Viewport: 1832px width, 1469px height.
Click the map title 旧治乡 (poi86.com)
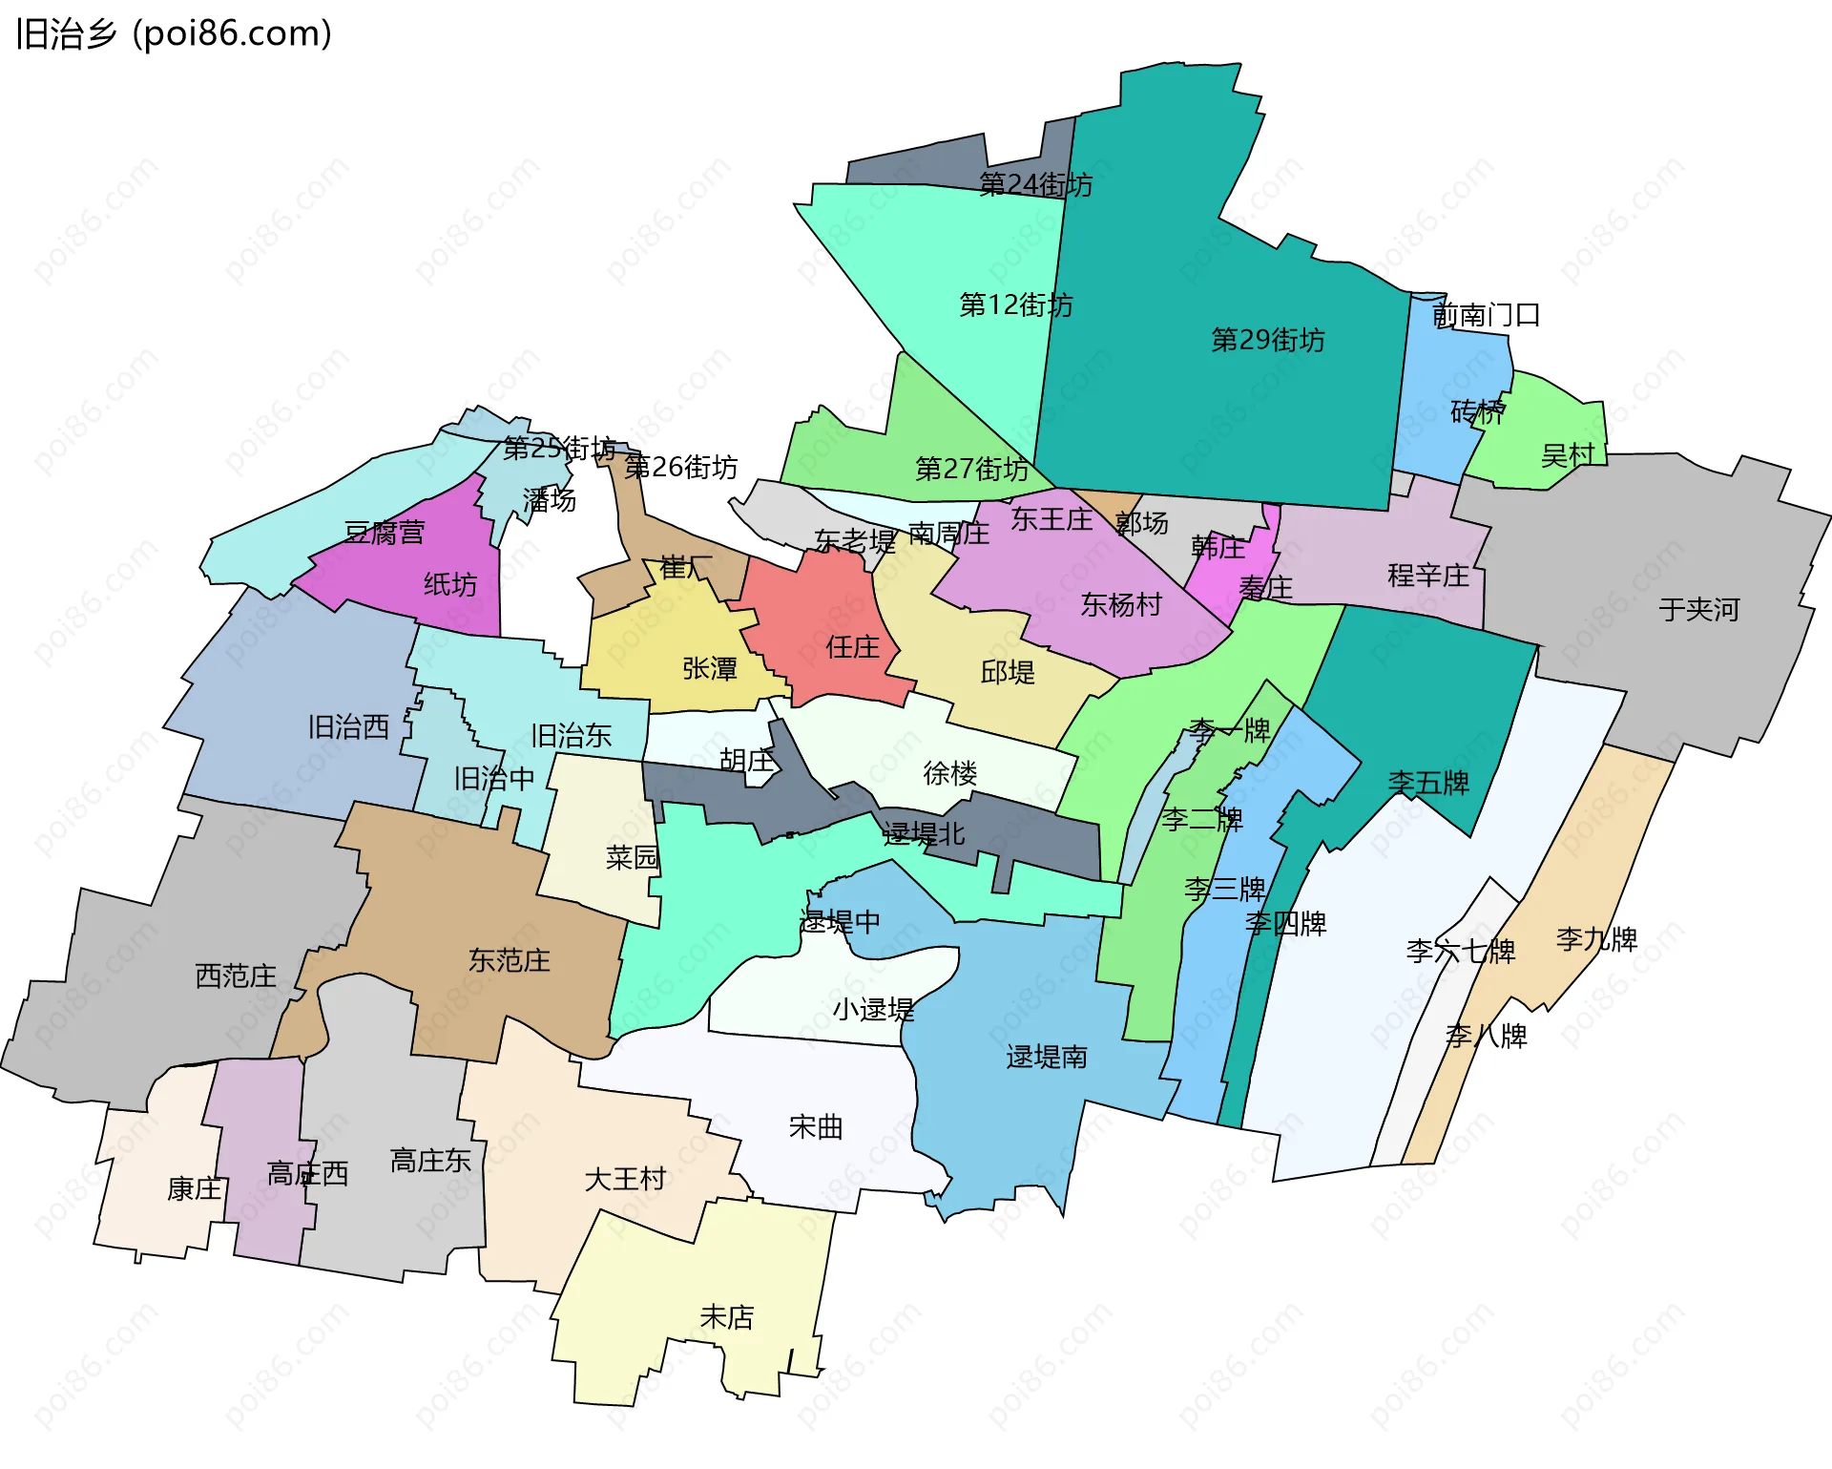tap(174, 34)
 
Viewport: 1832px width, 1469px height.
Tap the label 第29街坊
tap(1267, 340)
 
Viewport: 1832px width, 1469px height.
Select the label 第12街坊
tap(1015, 304)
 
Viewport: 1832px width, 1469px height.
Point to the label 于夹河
tap(1698, 609)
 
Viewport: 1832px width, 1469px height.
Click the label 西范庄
tap(236, 976)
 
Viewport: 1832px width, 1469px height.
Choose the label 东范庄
tap(509, 960)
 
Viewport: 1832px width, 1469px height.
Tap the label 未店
tap(726, 1317)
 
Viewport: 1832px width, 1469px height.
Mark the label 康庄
tap(194, 1188)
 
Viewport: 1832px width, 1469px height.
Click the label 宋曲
tap(816, 1127)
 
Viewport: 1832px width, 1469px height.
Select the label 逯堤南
tap(1046, 1057)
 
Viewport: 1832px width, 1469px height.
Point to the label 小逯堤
tap(873, 1009)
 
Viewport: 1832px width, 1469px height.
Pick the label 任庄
tap(852, 647)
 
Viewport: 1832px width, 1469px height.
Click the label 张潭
tap(710, 668)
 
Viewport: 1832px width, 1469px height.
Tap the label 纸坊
tap(450, 584)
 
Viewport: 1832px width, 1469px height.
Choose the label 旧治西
tap(348, 727)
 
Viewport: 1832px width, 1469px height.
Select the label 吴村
tap(1568, 455)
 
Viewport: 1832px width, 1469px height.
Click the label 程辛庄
tap(1427, 576)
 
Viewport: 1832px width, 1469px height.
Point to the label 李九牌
tap(1596, 939)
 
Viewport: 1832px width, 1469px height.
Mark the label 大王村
tap(625, 1179)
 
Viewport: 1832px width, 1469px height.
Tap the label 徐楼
tap(949, 773)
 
